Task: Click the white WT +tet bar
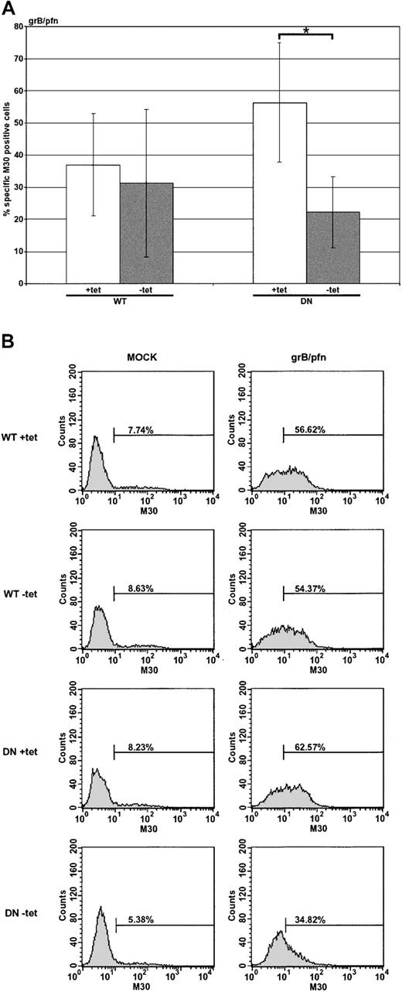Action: tap(93, 224)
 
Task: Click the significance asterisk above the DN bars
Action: tap(306, 30)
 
